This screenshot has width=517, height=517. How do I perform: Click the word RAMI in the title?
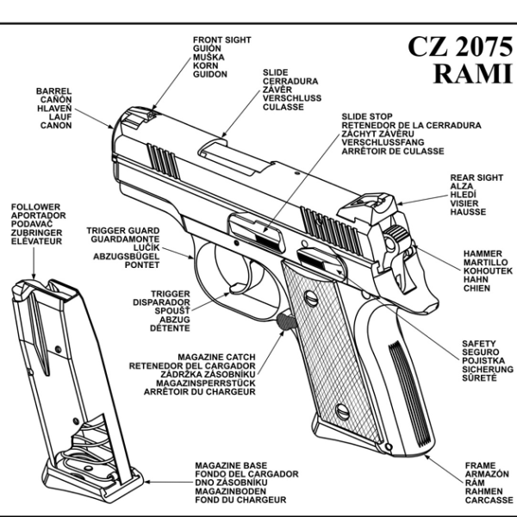click(x=467, y=74)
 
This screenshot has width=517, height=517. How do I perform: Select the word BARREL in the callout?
click(x=53, y=90)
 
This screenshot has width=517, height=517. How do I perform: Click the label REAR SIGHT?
click(x=477, y=178)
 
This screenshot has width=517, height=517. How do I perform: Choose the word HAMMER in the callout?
click(x=480, y=253)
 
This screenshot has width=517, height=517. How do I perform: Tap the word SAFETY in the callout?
click(x=478, y=343)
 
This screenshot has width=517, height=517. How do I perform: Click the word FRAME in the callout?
click(x=480, y=465)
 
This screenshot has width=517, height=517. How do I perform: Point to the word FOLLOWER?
click(x=35, y=208)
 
